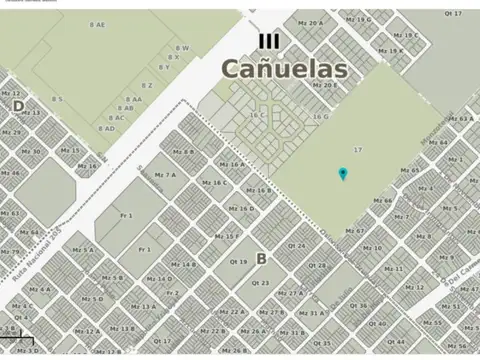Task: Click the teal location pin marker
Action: (x=343, y=174)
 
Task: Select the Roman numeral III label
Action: (x=268, y=41)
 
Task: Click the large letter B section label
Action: (x=261, y=258)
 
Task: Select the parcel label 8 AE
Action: (x=97, y=23)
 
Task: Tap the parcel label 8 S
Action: (x=57, y=99)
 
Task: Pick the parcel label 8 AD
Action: (x=106, y=128)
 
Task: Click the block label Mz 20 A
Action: (x=310, y=22)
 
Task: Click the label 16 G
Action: (x=320, y=116)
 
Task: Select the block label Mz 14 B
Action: (x=183, y=264)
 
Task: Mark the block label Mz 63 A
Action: (x=459, y=118)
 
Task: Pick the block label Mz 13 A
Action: (x=143, y=307)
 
